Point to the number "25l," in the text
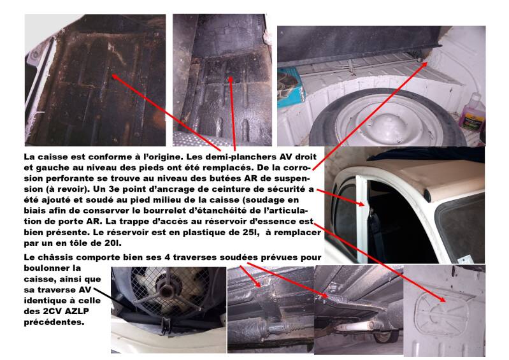(252, 233)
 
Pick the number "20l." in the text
(113, 243)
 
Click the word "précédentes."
(54, 322)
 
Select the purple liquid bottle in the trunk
(471, 112)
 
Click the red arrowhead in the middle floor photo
(231, 80)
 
